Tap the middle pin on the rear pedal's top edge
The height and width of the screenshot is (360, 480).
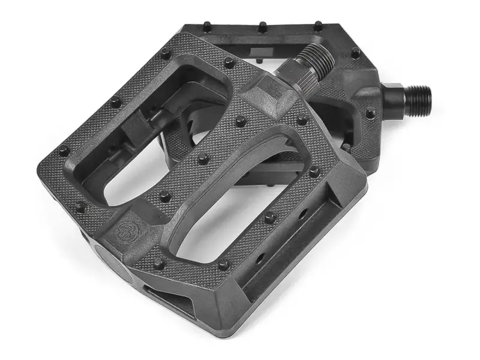[262, 26]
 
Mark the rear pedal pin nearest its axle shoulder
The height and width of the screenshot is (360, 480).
[370, 111]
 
